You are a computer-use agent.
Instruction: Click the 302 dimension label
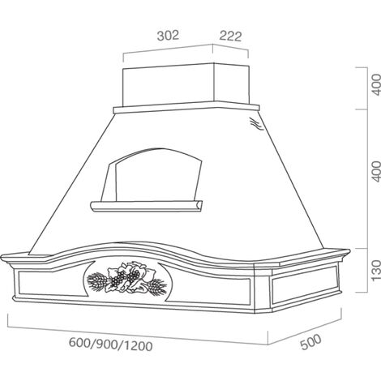click(x=168, y=36)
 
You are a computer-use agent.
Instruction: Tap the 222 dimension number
click(x=230, y=36)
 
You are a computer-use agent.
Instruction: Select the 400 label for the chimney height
click(x=376, y=85)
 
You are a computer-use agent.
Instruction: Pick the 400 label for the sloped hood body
click(x=376, y=171)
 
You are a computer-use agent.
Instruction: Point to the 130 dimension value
click(x=376, y=271)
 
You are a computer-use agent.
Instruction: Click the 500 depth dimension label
click(x=311, y=342)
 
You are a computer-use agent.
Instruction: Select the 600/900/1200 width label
click(x=111, y=345)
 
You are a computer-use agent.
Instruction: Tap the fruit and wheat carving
click(x=126, y=278)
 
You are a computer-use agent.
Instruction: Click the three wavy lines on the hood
click(x=256, y=124)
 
